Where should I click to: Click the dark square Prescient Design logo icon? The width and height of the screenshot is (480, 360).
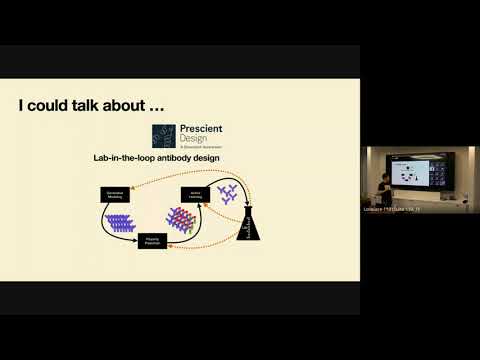164,136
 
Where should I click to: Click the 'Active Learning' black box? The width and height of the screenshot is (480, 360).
192,194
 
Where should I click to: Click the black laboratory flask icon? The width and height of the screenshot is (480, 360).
253,222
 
